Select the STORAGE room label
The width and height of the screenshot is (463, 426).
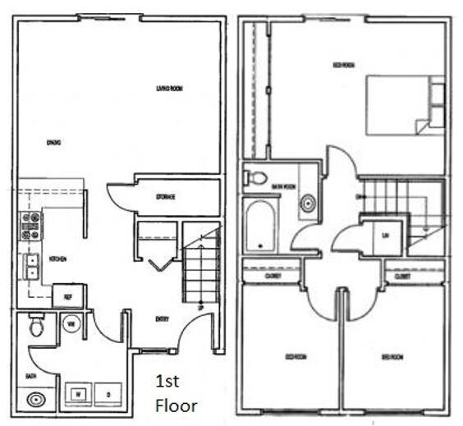click(167, 197)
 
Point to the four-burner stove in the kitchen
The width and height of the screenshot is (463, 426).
click(30, 226)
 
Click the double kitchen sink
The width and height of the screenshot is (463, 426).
click(31, 264)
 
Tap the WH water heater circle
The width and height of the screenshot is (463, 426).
click(72, 323)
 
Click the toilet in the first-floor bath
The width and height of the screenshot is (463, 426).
click(36, 328)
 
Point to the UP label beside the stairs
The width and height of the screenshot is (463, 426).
click(201, 308)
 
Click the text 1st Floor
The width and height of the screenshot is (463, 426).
click(176, 393)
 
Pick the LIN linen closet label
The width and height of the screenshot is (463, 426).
click(385, 235)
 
